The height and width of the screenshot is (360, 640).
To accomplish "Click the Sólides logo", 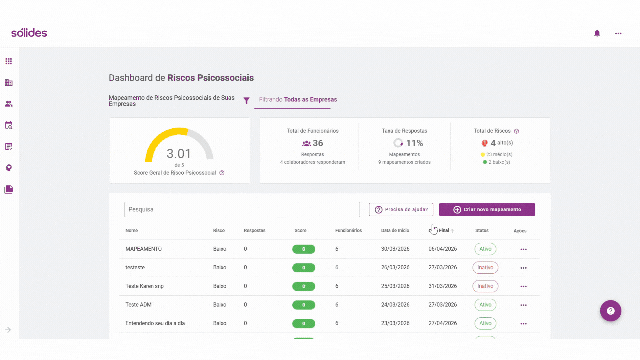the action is click(x=29, y=33).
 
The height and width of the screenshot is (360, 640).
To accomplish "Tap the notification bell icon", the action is click(x=597, y=33).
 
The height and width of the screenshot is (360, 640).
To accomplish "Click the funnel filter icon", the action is click(x=246, y=101).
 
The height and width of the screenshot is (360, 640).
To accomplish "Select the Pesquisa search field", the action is click(x=242, y=209).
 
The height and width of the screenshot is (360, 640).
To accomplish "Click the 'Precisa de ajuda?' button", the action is click(x=401, y=209).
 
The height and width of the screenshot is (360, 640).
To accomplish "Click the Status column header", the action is click(x=482, y=230).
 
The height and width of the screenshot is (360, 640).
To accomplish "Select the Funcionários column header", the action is click(x=348, y=230).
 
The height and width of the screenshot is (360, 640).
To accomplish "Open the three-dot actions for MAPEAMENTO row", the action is click(x=523, y=249).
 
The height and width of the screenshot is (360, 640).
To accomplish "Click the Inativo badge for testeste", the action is click(x=485, y=267).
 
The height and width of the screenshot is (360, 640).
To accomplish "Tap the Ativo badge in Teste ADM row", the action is click(x=485, y=305).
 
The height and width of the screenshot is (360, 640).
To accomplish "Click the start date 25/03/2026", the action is click(x=395, y=286).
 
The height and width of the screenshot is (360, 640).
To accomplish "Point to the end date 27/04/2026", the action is click(x=442, y=323).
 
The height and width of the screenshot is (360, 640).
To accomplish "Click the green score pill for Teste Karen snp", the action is click(x=303, y=286).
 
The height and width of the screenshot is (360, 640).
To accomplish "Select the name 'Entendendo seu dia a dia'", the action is click(x=155, y=323).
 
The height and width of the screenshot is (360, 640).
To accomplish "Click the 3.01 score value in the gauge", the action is click(x=179, y=154).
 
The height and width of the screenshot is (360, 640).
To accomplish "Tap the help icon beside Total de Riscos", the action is click(x=516, y=131).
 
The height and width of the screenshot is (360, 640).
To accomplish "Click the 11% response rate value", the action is click(x=414, y=143).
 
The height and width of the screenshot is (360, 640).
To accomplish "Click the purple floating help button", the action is click(x=610, y=311).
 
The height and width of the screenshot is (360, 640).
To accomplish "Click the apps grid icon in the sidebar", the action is click(x=9, y=61).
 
